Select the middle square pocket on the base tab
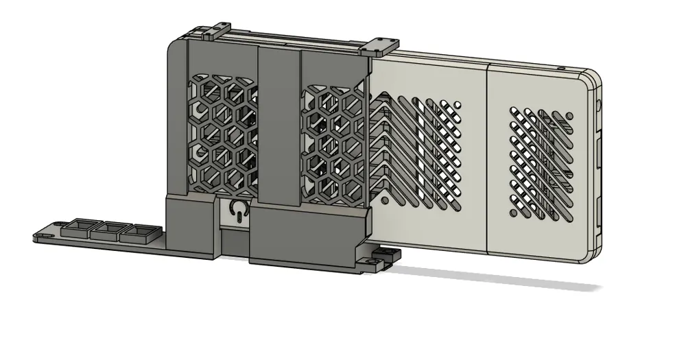pos(107,230)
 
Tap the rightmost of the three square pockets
pos(135,232)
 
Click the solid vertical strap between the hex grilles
pos(279,123)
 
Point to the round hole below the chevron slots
pos(386,201)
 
